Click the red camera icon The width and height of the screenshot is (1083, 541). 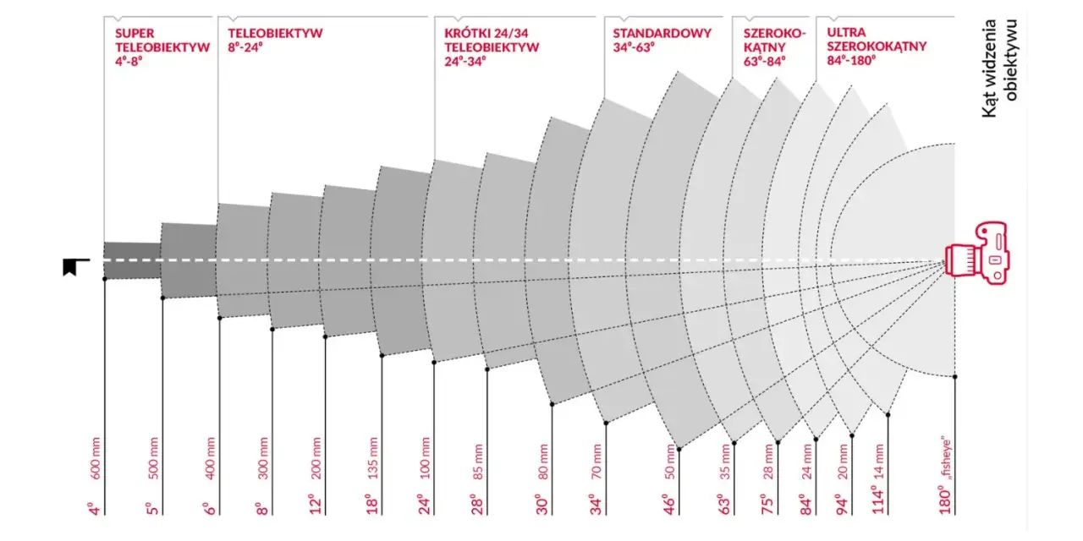coord(977,253)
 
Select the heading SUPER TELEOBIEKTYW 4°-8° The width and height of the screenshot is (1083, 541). coord(162,47)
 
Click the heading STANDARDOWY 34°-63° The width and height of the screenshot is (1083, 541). coord(662,40)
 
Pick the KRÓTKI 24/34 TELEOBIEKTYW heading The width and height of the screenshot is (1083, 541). coord(492,47)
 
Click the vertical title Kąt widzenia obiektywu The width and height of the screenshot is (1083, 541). coord(1000,68)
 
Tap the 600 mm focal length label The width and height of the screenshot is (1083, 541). coord(96,458)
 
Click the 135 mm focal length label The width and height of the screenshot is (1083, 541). coord(373,458)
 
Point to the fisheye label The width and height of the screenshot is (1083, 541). coord(946,459)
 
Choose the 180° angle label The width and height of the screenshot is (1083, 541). coord(945,500)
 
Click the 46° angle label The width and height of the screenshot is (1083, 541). coord(669,505)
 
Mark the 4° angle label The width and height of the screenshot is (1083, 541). coord(96,509)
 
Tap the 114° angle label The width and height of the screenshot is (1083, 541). coord(878,500)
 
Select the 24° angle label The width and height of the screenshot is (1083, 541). coord(425,505)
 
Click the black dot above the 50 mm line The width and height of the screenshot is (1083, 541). coord(679,449)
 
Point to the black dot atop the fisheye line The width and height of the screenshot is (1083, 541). coord(955,376)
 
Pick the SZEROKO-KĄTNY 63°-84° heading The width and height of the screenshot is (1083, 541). coord(775,47)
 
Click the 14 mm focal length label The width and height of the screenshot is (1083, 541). coord(879,462)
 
